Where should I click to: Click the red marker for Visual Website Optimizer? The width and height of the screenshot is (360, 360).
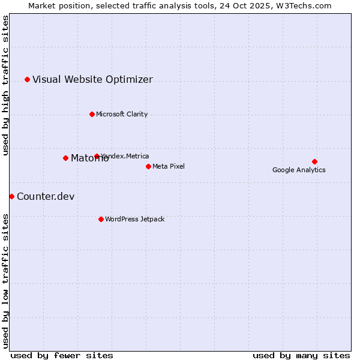[27, 79]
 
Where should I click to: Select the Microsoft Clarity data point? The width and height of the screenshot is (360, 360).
[92, 114]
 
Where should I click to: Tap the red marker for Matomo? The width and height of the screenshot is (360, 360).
[65, 158]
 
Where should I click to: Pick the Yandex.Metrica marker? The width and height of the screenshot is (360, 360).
[97, 156]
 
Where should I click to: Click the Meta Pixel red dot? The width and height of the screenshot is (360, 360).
[148, 166]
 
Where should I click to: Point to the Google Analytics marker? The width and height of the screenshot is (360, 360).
[314, 161]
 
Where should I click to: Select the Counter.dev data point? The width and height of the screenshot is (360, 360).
[11, 196]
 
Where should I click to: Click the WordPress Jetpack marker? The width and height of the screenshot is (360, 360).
[101, 219]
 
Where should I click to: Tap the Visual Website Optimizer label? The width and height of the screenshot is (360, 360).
[92, 79]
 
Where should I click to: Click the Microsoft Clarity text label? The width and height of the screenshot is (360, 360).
[122, 114]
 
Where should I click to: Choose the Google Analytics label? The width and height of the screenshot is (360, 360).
[299, 170]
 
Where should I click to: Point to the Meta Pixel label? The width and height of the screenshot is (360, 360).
[169, 166]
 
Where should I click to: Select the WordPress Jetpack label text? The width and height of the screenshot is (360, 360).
[134, 219]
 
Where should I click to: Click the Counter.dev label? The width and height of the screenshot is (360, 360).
[46, 196]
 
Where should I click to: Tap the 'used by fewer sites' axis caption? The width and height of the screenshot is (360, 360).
[62, 355]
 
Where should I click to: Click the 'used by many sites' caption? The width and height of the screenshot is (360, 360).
[301, 355]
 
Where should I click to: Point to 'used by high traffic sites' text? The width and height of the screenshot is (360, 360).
[5, 85]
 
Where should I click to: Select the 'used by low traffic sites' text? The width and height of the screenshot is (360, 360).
[5, 280]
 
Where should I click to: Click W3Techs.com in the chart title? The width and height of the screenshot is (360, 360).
[307, 5]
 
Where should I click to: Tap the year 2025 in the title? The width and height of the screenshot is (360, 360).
[253, 5]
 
